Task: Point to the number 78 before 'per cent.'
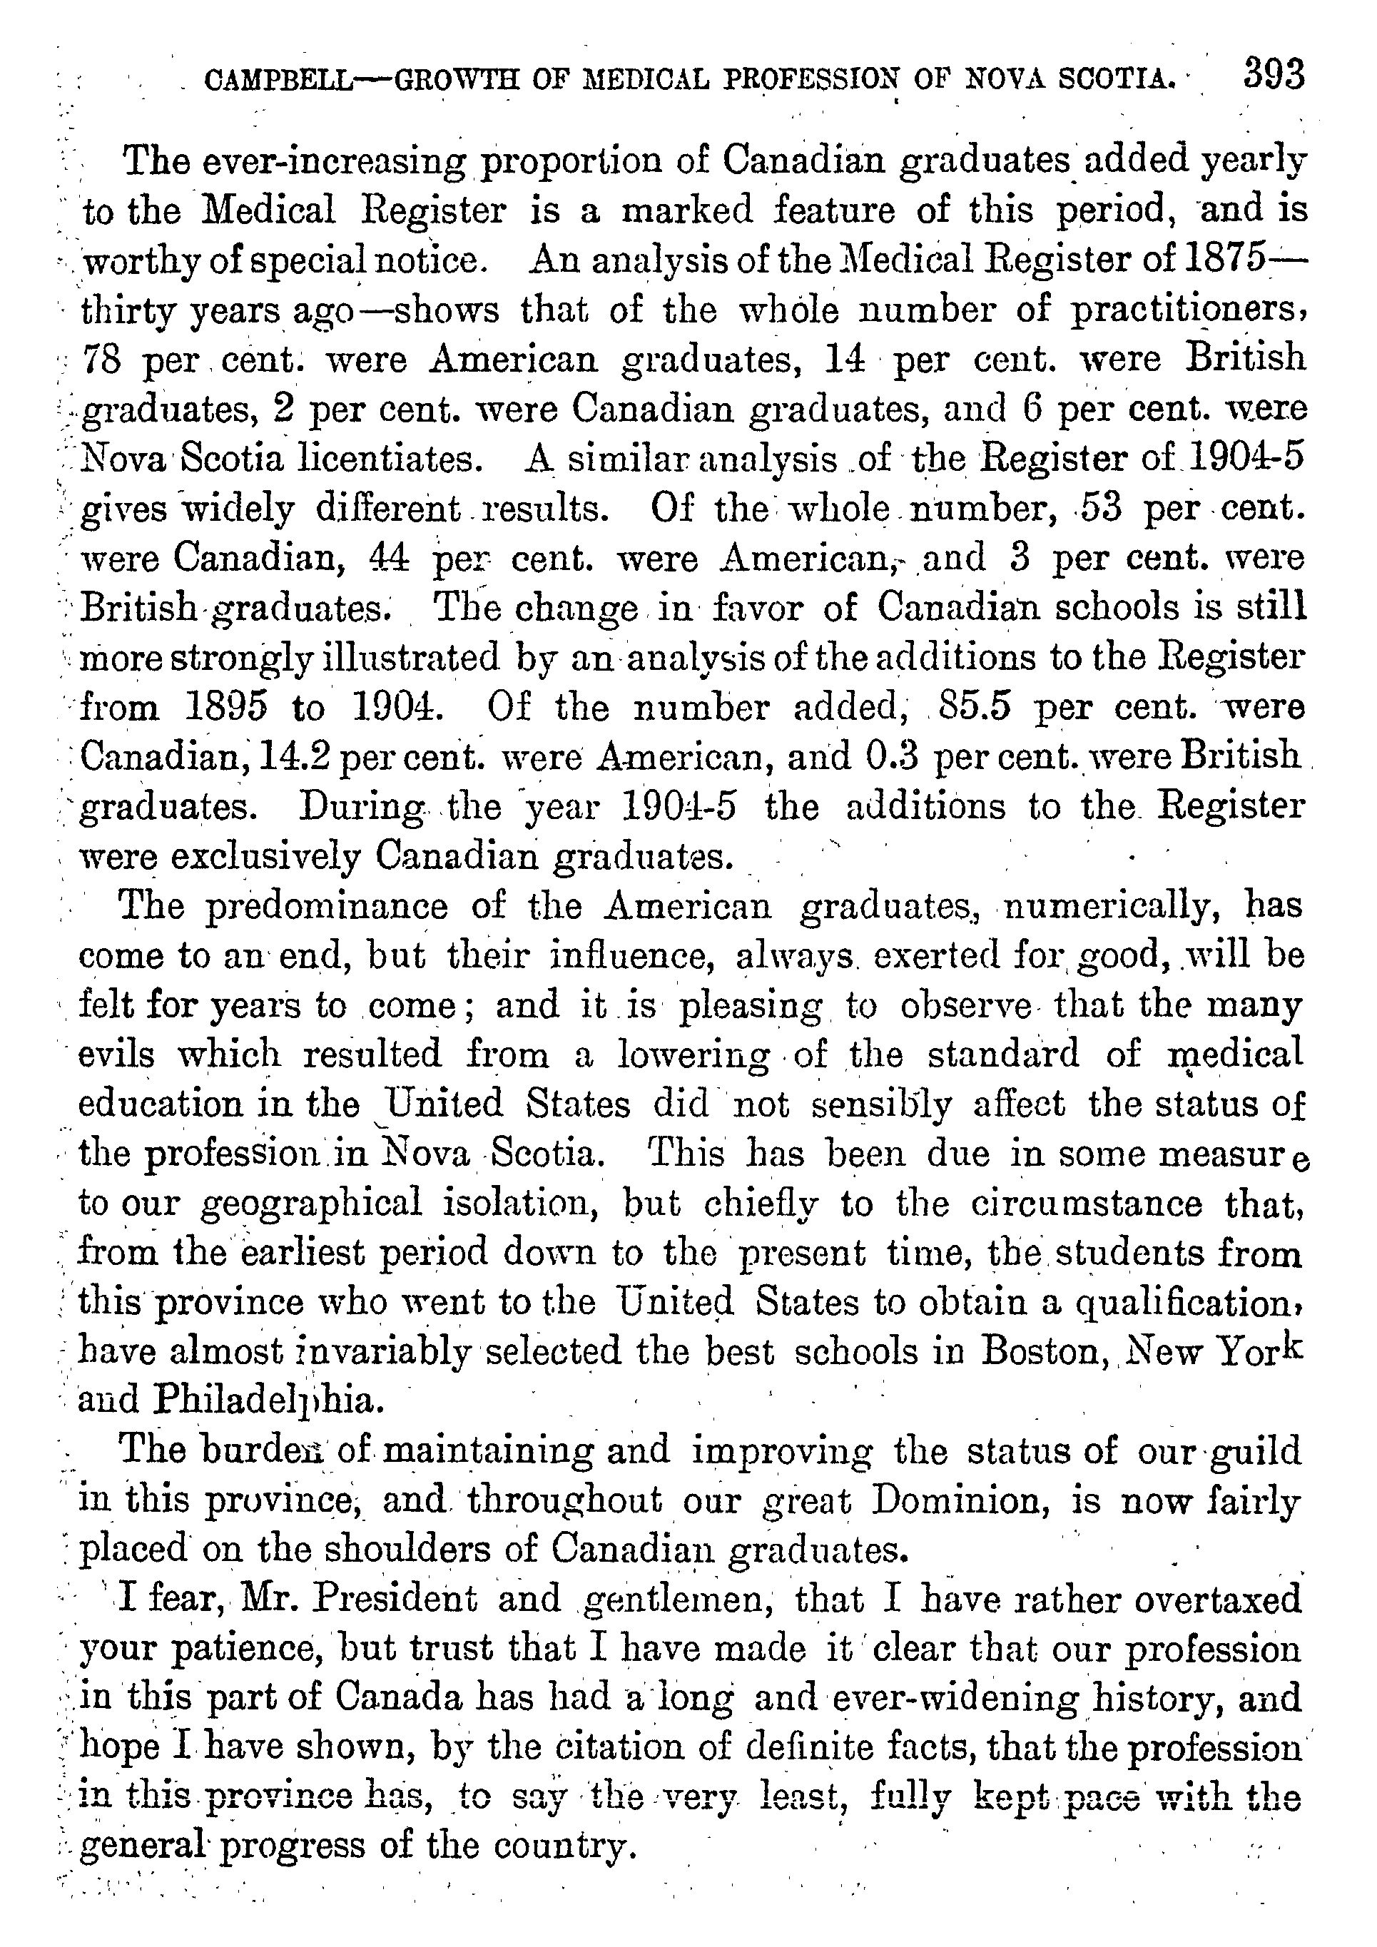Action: [103, 360]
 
